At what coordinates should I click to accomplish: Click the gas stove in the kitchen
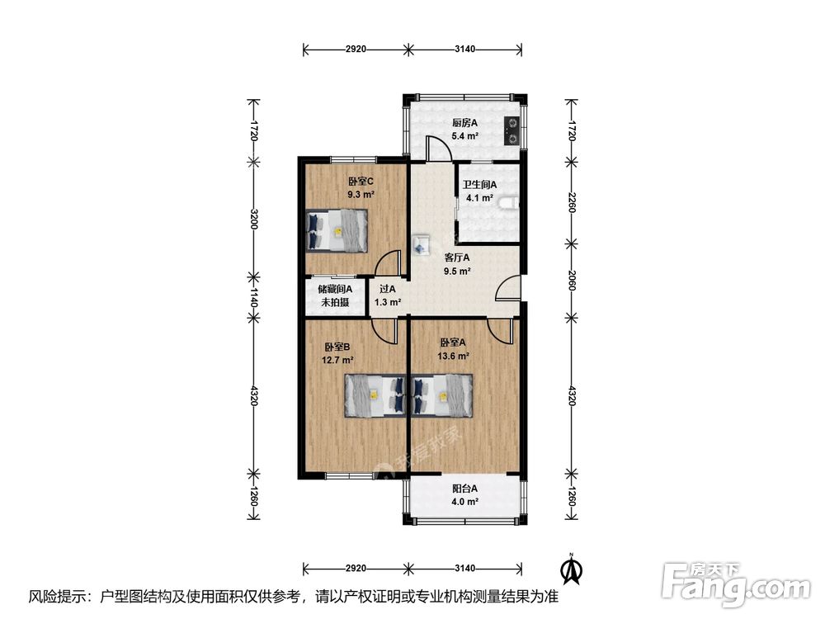(511, 130)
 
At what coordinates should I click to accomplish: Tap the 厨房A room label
(464, 123)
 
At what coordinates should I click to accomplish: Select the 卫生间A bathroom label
(479, 185)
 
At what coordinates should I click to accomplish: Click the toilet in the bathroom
(509, 204)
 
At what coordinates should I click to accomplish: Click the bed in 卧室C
(337, 230)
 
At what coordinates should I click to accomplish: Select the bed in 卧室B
(375, 395)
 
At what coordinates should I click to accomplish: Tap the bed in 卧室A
(442, 395)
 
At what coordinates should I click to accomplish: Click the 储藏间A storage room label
(335, 289)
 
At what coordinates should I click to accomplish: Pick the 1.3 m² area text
(388, 303)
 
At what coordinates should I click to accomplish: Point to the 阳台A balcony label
(464, 489)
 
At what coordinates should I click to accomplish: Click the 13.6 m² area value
(453, 356)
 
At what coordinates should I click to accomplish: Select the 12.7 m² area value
(337, 361)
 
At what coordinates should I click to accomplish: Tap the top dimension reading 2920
(356, 49)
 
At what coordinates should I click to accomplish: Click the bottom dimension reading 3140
(464, 569)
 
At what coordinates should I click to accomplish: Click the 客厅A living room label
(457, 258)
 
